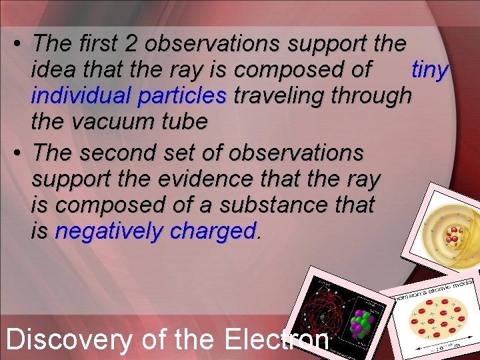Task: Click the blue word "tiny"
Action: (431, 70)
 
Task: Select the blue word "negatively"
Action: (110, 231)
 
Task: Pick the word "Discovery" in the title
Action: (69, 339)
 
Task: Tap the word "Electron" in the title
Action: (277, 339)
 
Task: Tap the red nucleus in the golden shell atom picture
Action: (455, 235)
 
